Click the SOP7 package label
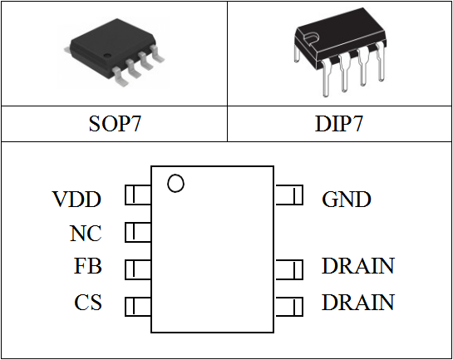[x=115, y=124]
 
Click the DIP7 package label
[x=338, y=124]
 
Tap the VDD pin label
[x=76, y=200]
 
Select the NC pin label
[x=86, y=233]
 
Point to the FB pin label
[x=88, y=266]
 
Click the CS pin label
[x=88, y=302]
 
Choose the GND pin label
[x=347, y=200]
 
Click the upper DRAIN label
[x=358, y=266]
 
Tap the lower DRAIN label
[x=358, y=302]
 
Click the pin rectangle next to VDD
[x=138, y=195]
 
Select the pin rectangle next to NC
[x=138, y=232]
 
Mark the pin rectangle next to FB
[x=138, y=269]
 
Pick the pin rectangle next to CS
[x=138, y=306]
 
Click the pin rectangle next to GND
[x=289, y=195]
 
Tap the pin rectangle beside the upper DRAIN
[x=289, y=269]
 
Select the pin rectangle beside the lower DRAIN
[x=289, y=306]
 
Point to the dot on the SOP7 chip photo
[x=107, y=55]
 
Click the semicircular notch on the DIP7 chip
[x=311, y=38]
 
